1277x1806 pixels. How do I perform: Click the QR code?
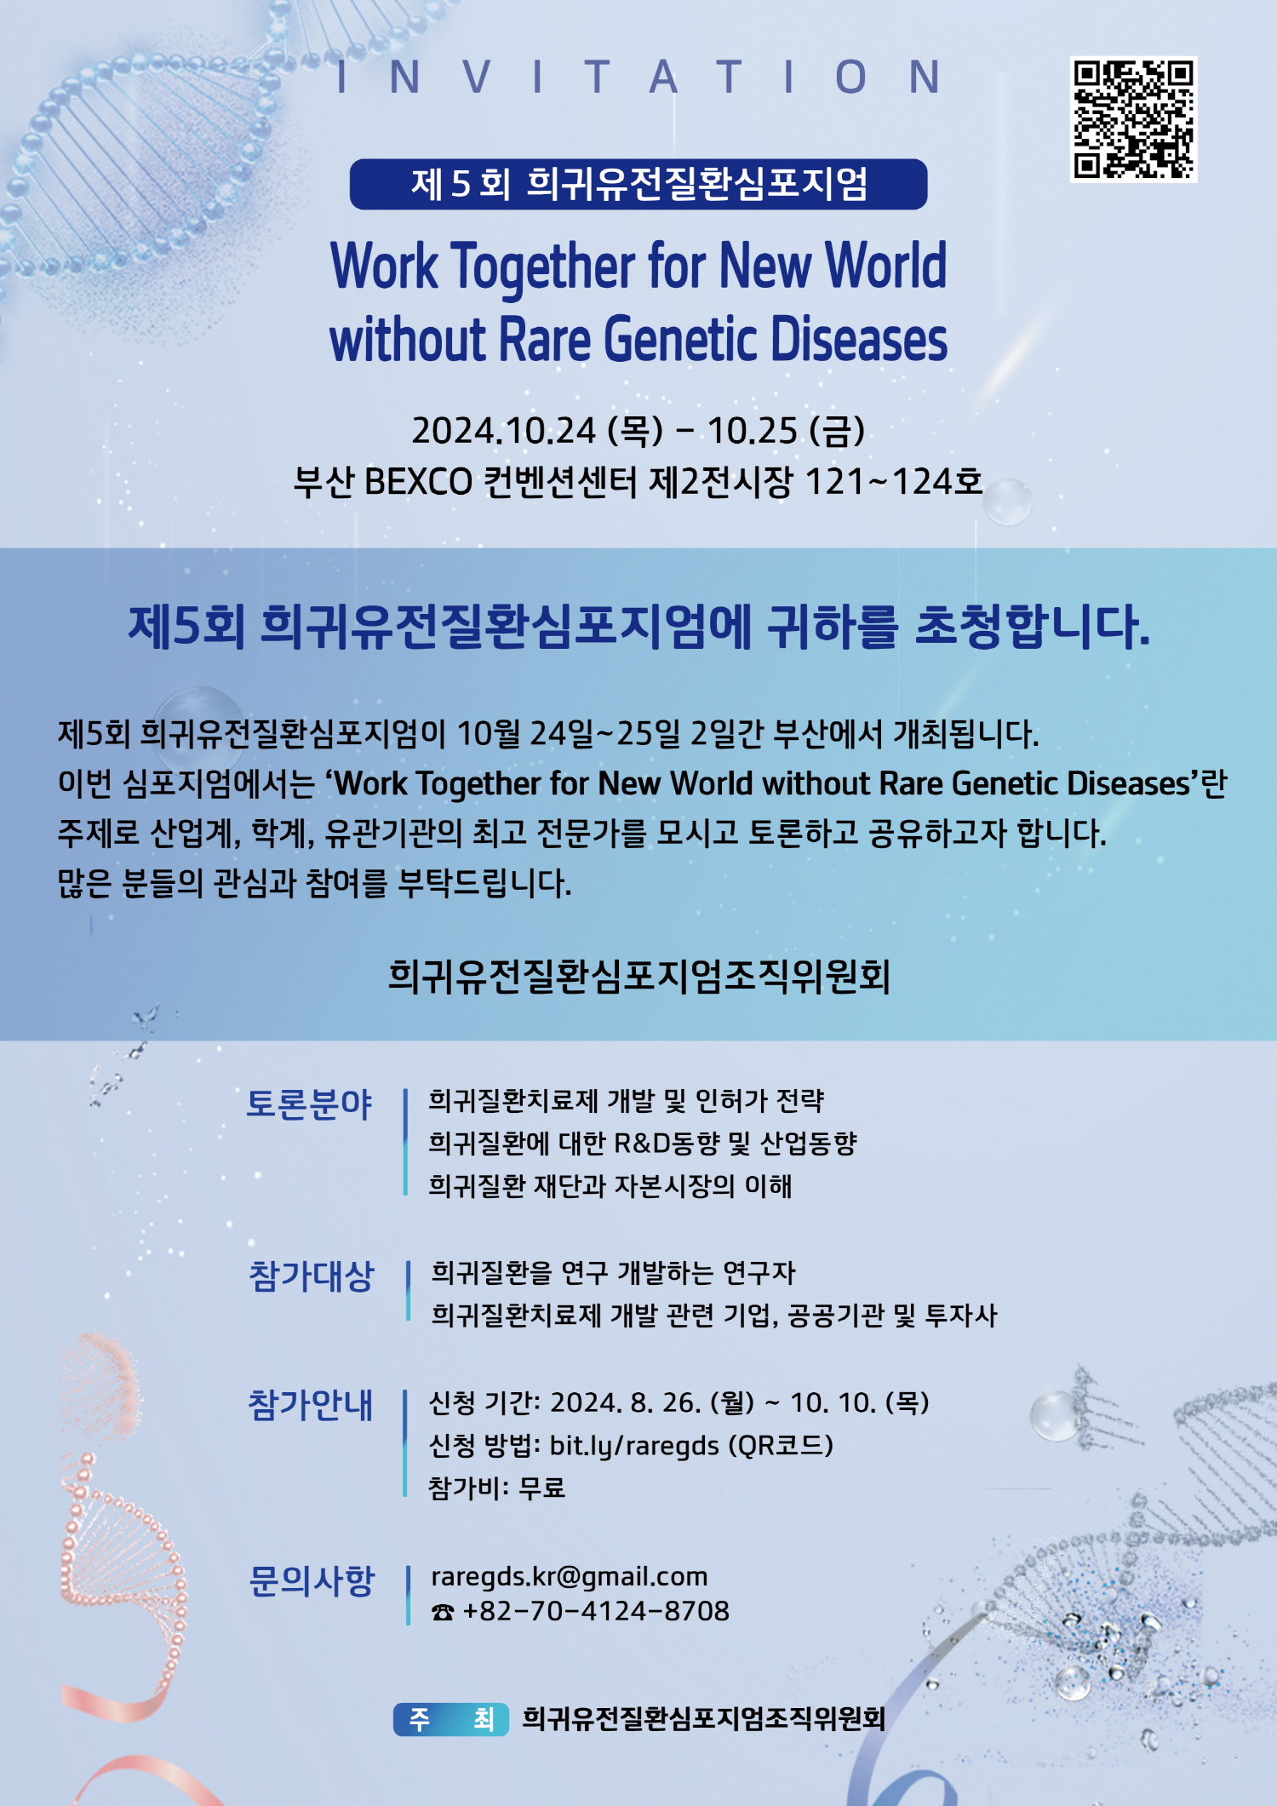(x=1133, y=119)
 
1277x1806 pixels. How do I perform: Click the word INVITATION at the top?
(x=638, y=77)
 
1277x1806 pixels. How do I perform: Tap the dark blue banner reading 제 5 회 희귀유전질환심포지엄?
(x=638, y=184)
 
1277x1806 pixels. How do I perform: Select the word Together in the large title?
(x=542, y=267)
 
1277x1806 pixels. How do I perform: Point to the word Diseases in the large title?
(x=859, y=339)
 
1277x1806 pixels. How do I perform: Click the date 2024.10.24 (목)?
(x=537, y=430)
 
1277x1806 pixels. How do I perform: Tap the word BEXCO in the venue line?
(x=418, y=482)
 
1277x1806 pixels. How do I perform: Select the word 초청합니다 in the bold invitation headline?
(x=1033, y=627)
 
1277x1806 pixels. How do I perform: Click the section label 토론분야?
(x=310, y=1104)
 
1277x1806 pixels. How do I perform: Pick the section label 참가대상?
(x=311, y=1276)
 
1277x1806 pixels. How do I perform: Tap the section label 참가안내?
(x=311, y=1405)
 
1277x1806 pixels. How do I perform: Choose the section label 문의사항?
(x=312, y=1581)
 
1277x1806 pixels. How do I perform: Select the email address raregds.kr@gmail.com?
(x=570, y=1577)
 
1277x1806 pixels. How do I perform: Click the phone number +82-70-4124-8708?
(x=596, y=1611)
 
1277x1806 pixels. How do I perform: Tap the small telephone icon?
(x=443, y=1612)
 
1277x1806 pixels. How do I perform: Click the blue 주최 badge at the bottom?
(x=451, y=1719)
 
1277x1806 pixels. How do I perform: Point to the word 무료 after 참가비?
(x=542, y=1488)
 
